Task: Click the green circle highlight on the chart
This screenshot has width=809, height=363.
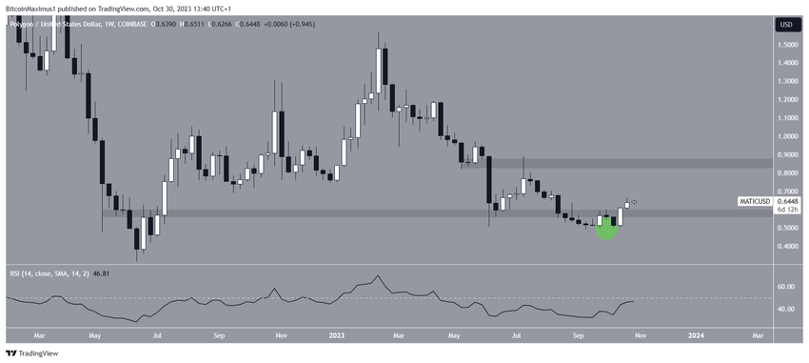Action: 606,227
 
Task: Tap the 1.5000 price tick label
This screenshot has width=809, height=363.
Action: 786,44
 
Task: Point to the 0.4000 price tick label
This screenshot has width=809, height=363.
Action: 786,247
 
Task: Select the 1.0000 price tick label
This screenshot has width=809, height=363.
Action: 786,136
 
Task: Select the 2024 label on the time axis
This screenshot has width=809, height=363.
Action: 696,335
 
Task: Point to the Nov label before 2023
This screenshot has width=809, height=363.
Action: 281,335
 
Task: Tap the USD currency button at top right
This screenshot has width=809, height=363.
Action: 786,24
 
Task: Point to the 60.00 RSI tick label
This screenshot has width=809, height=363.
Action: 786,286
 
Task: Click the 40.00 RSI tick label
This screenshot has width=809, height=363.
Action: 786,309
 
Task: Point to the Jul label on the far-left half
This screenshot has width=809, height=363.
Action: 157,335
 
